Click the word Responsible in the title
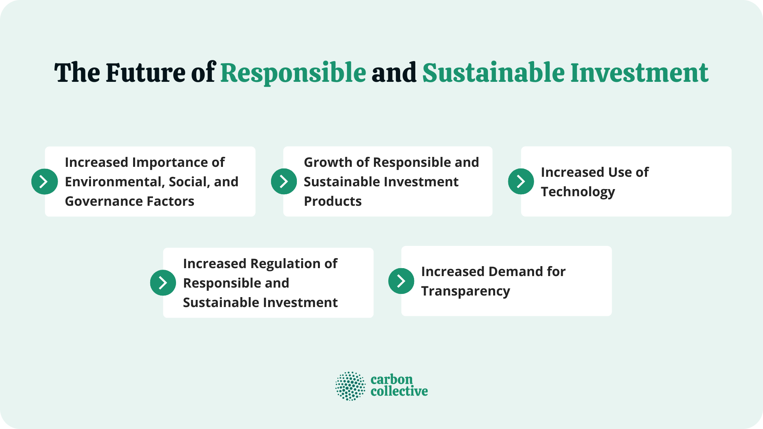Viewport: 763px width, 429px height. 293,73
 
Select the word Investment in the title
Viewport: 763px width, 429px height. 639,73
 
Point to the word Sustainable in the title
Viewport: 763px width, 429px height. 493,73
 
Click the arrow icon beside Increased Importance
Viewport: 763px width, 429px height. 45,182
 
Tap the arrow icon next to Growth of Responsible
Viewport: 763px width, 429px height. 284,182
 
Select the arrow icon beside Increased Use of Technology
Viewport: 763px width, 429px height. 521,182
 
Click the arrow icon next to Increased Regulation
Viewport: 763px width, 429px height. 163,283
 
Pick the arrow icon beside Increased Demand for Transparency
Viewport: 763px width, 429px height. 401,281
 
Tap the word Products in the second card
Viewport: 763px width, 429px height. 333,201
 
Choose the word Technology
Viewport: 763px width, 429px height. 578,192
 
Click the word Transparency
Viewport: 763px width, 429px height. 465,291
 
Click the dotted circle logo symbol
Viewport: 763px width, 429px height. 350,386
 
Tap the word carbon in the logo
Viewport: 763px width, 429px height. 391,379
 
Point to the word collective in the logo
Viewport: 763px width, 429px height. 399,391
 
